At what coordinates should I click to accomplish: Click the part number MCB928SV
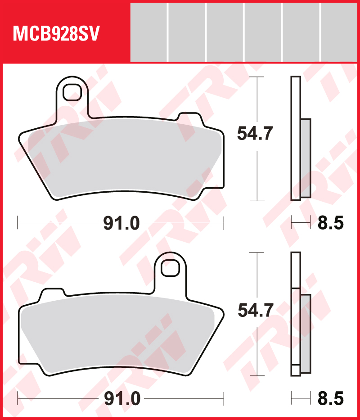(x=56, y=34)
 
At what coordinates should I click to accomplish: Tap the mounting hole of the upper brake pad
(x=71, y=93)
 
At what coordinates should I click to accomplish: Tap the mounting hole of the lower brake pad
(x=170, y=268)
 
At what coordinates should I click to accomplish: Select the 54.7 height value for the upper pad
(x=255, y=134)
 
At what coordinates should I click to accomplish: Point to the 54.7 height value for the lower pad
(x=255, y=310)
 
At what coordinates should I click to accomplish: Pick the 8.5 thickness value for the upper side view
(x=330, y=223)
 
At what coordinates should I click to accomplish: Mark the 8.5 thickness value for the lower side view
(x=330, y=398)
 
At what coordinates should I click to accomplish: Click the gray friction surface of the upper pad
(x=121, y=158)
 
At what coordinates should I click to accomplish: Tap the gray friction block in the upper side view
(x=306, y=158)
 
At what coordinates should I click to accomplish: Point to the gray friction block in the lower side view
(x=306, y=333)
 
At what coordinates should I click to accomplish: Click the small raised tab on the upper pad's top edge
(x=189, y=118)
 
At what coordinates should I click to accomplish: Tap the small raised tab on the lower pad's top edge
(x=52, y=294)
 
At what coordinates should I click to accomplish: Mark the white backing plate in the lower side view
(x=295, y=315)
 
